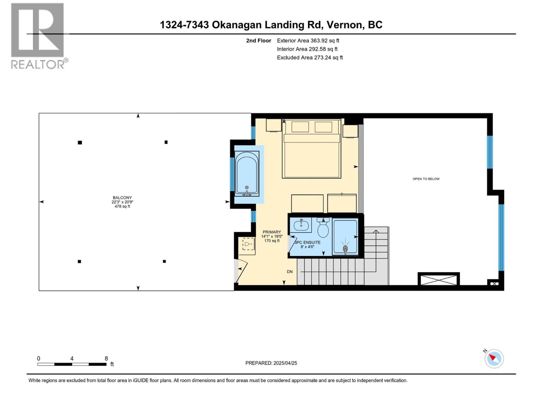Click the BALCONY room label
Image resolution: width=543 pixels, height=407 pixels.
[x=122, y=197]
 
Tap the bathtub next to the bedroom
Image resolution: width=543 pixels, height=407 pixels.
[x=247, y=174]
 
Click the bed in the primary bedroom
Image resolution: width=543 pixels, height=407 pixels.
[x=312, y=149]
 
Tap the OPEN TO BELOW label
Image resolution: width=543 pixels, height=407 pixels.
[x=426, y=179]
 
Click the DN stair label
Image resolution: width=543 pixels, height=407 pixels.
[x=289, y=272]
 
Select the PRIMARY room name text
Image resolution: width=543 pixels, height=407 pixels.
[x=271, y=232]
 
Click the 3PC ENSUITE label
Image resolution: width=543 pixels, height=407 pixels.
[x=307, y=243]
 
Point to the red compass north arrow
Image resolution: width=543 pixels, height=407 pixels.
[x=493, y=357]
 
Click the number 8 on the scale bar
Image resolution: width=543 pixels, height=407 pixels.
[x=106, y=358]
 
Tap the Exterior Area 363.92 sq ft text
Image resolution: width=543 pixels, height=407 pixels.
[x=308, y=40]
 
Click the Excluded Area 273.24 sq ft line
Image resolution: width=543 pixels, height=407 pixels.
[x=310, y=57]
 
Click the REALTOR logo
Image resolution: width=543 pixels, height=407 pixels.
[x=38, y=36]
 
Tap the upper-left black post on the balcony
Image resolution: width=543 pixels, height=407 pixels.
[x=80, y=142]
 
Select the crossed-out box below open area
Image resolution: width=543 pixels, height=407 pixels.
[x=438, y=279]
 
